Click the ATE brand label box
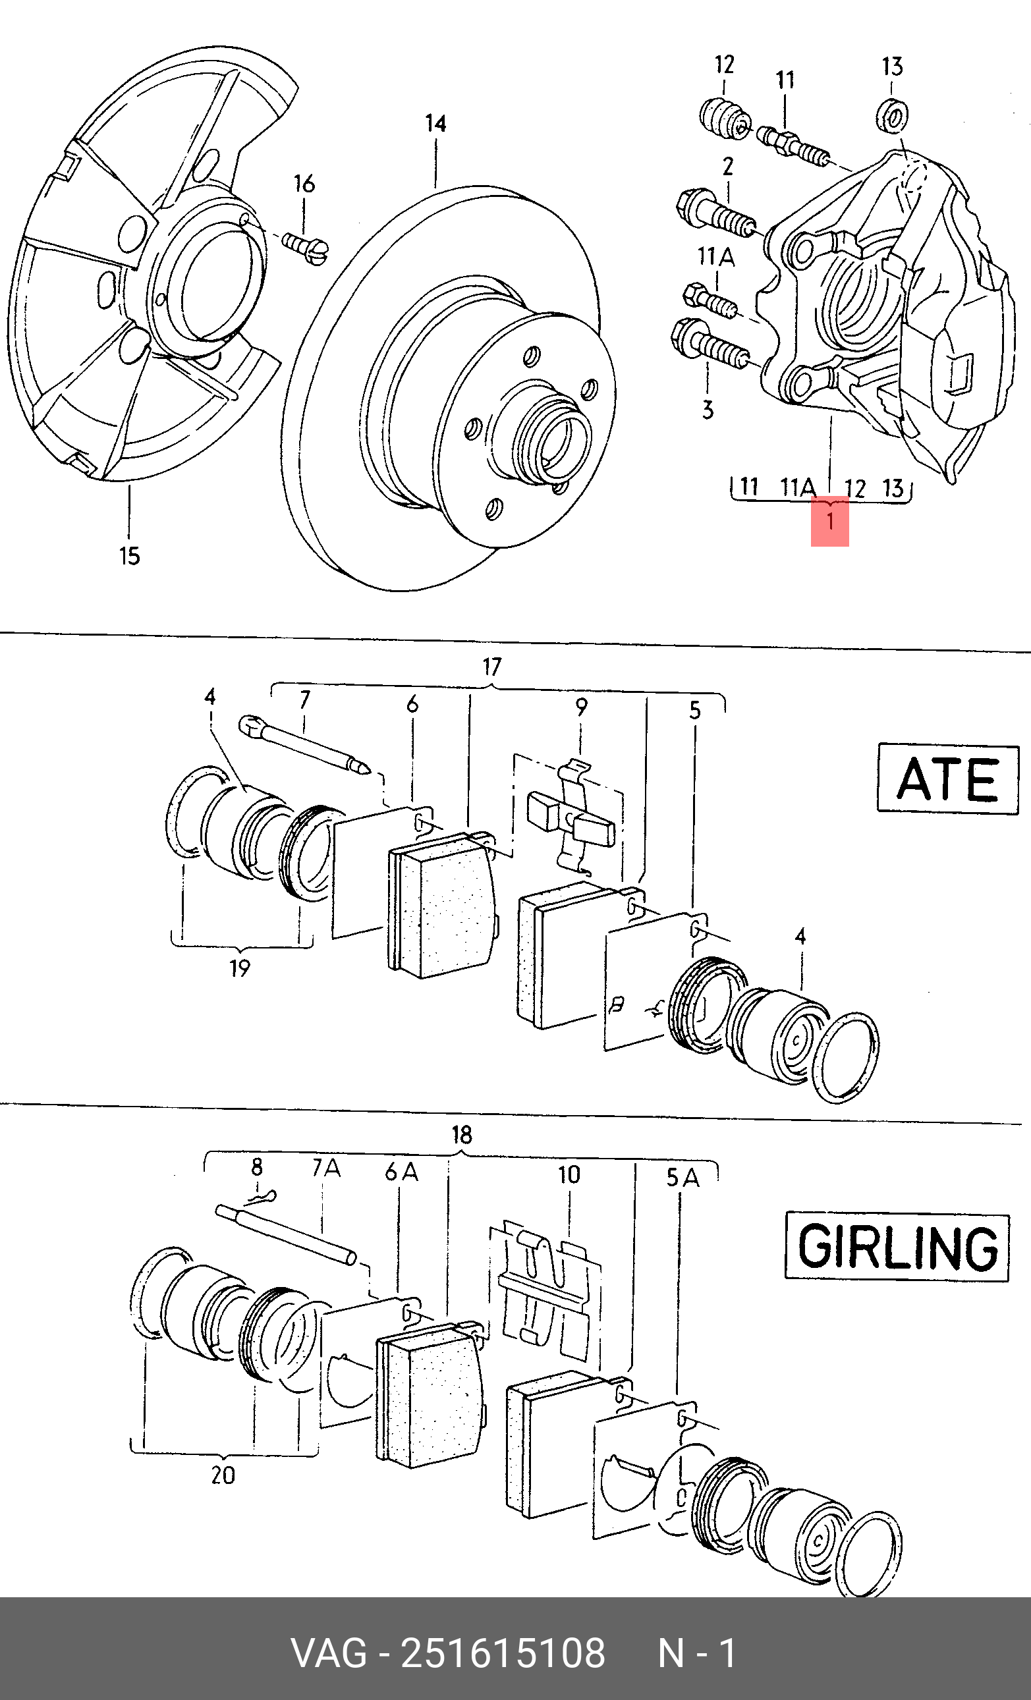tap(947, 779)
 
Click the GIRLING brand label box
tap(897, 1247)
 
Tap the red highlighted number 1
tap(829, 521)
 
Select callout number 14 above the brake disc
tap(435, 124)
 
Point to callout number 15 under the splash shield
tap(130, 556)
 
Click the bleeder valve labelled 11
tap(794, 146)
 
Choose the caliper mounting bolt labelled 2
tap(715, 213)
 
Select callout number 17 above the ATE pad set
tap(491, 667)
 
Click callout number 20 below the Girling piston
tap(223, 1476)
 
